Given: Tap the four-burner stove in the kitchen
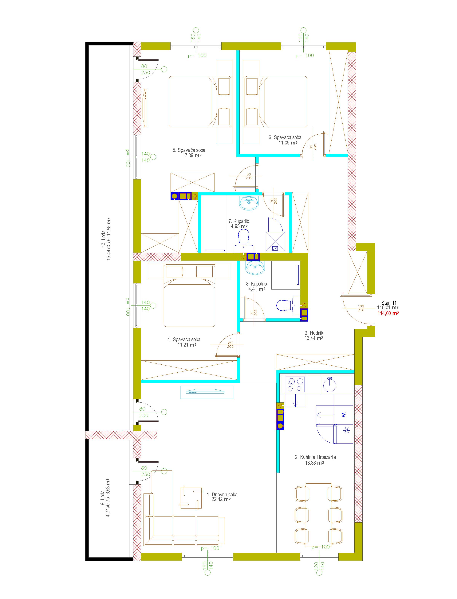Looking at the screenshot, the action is [x=295, y=384].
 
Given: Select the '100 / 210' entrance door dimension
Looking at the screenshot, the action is [x=361, y=308].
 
